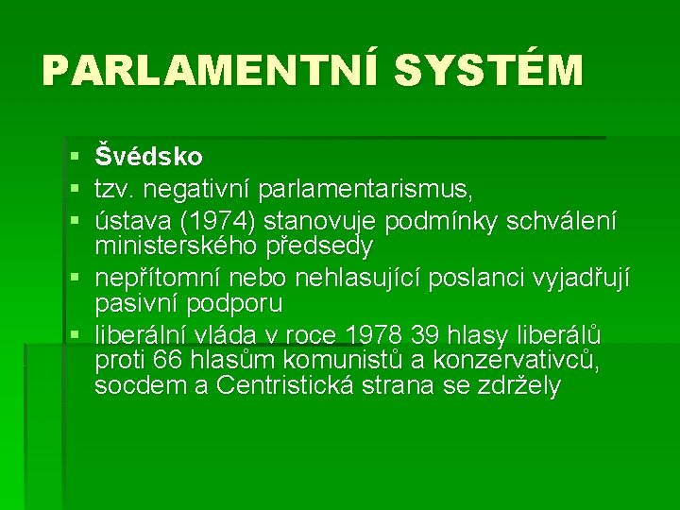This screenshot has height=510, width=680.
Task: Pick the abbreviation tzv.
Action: pos(117,189)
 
